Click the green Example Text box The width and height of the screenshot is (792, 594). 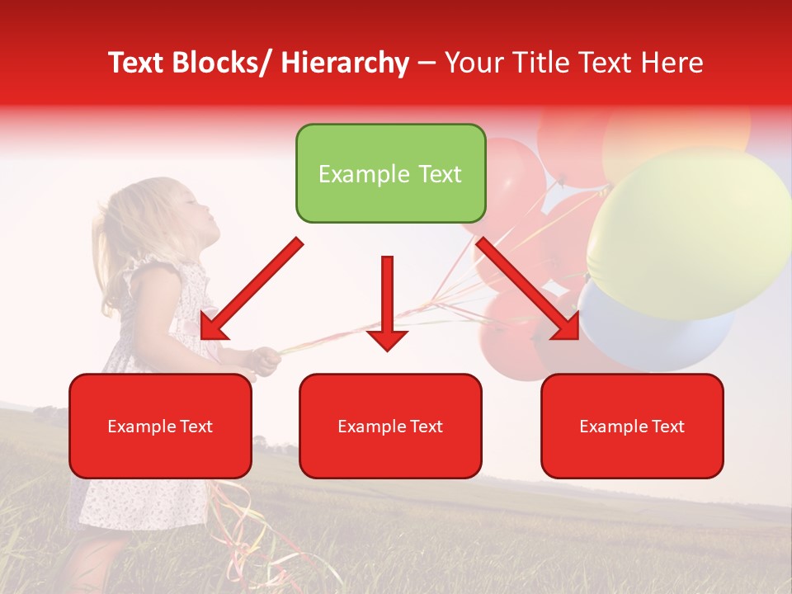click(x=390, y=174)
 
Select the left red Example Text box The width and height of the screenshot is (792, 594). click(x=160, y=426)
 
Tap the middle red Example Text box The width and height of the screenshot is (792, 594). click(x=390, y=426)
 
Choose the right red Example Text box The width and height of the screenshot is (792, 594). click(x=632, y=426)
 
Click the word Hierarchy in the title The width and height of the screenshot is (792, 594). click(x=345, y=63)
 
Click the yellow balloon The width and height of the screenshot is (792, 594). click(x=689, y=231)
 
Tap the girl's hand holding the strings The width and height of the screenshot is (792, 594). click(x=265, y=358)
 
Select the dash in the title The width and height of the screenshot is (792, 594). click(x=427, y=63)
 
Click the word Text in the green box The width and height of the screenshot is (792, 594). click(x=438, y=174)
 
